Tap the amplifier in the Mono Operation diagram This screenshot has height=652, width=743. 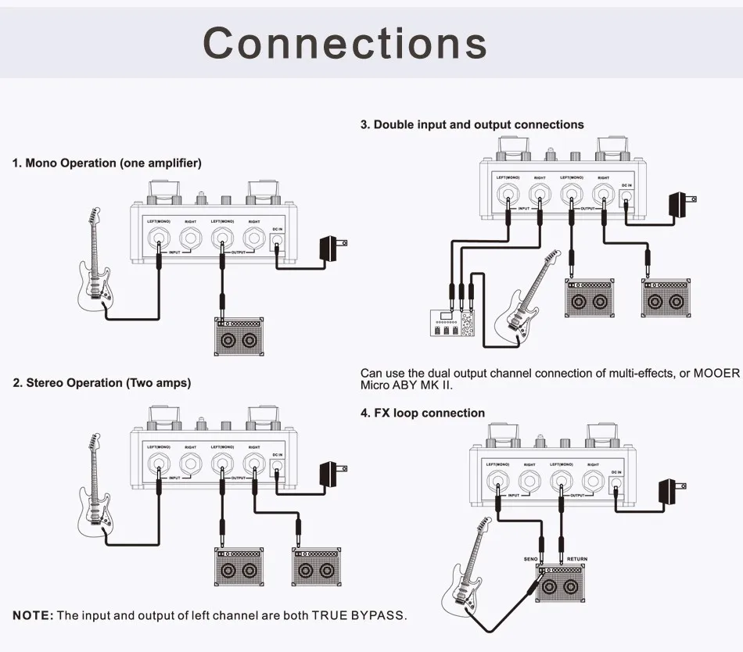(x=239, y=339)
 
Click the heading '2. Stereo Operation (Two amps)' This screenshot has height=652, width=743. (x=102, y=383)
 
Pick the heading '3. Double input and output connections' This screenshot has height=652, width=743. (x=472, y=124)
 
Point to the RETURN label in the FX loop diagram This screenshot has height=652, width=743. (x=577, y=559)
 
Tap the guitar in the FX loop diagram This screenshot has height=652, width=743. (x=465, y=571)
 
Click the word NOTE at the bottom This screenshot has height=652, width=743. (x=33, y=615)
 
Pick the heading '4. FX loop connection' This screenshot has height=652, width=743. (x=422, y=413)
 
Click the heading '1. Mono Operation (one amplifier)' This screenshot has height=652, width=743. (x=106, y=163)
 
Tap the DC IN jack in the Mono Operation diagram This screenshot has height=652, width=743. (x=277, y=242)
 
